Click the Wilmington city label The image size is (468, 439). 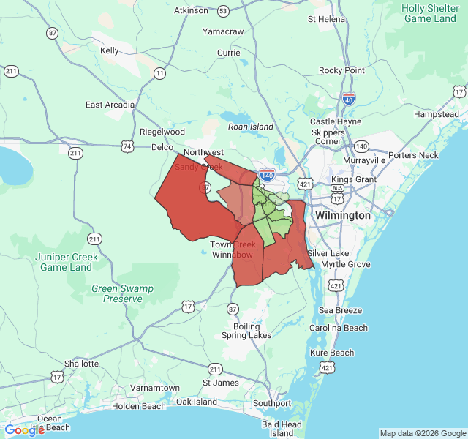point(342,216)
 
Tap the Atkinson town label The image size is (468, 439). point(191,10)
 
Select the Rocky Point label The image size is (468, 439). point(341,70)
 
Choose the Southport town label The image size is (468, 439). point(272,402)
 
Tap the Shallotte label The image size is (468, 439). point(81,363)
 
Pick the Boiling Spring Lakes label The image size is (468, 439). point(246,330)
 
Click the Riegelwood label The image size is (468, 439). point(162,132)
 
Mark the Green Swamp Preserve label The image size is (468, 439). point(123,293)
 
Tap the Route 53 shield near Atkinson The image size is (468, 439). point(223,11)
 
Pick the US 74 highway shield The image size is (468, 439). point(129,146)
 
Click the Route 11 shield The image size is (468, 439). point(159,72)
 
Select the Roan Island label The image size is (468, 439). point(251,127)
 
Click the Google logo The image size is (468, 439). point(25,429)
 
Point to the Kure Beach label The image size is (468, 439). point(332,353)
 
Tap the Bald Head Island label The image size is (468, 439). point(282,429)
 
